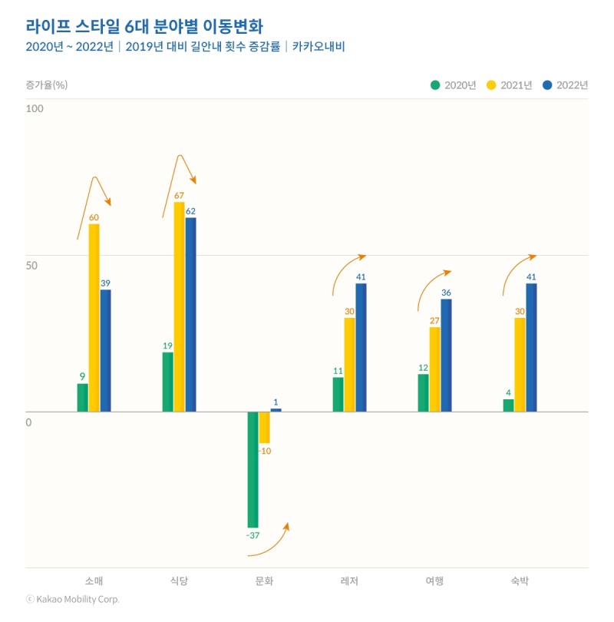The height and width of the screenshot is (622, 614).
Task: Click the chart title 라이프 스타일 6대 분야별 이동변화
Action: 144,25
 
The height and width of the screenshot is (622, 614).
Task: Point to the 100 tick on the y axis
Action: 35,108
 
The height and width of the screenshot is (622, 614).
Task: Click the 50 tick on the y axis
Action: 31,265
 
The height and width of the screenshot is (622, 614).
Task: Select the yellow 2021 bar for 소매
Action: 94,318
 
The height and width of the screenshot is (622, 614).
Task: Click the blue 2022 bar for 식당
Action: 190,315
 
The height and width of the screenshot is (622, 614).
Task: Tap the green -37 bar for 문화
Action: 253,468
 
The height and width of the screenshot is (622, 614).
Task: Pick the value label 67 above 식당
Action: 179,196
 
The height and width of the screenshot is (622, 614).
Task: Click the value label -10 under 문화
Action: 264,451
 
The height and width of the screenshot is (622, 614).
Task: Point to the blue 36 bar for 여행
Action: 446,355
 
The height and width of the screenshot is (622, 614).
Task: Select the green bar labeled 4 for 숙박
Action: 508,405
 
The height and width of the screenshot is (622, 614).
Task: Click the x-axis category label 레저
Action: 349,581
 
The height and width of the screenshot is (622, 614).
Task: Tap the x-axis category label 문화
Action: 264,581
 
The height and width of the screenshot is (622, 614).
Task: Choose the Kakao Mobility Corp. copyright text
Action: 73,599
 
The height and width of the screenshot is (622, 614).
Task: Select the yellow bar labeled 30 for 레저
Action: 349,365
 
